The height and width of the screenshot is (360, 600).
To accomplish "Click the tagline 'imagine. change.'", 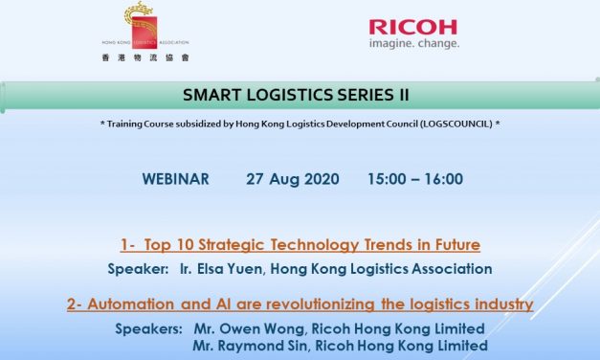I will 413,43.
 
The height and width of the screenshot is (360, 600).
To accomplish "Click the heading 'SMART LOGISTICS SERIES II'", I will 299,97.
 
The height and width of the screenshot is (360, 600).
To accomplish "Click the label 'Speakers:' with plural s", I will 146,328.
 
